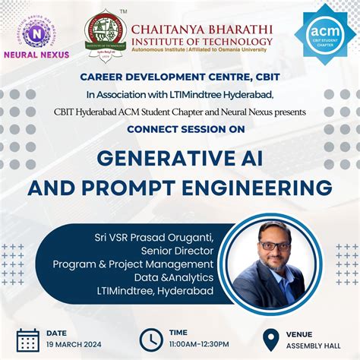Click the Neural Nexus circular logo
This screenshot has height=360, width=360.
[x=35, y=33]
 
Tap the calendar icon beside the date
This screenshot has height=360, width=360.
[x=27, y=339]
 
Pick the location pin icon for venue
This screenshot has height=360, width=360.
[x=271, y=339]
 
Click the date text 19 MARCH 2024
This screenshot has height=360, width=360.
[x=74, y=344]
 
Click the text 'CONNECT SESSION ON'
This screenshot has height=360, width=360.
[x=180, y=129]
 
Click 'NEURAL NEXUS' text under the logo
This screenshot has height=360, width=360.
[x=36, y=55]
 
